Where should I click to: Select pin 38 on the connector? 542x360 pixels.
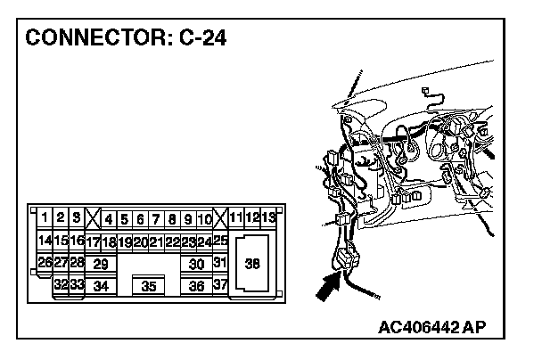[x=252, y=264]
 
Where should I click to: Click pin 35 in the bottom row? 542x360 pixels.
[x=150, y=286]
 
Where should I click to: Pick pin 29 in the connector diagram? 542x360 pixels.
[x=101, y=264]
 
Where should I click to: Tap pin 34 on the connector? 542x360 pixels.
[x=101, y=286]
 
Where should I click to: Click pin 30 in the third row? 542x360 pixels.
[x=197, y=264]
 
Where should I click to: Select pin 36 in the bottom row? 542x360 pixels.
[x=197, y=286]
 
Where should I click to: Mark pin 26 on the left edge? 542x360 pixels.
[x=45, y=263]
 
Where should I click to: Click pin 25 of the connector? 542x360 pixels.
[x=221, y=241]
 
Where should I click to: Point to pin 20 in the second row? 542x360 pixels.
[x=140, y=241]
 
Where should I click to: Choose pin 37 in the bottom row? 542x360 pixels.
[x=221, y=285]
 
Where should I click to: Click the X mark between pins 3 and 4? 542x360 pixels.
[x=93, y=217]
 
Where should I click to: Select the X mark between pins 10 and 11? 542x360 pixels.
[x=220, y=217]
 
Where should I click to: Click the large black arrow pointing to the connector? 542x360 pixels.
[x=328, y=288]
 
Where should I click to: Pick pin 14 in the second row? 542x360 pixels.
[x=45, y=241]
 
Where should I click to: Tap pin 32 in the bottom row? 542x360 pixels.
[x=61, y=285]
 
